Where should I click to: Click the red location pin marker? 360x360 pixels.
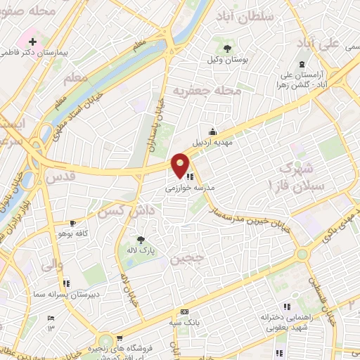pyautogui.click(x=181, y=165)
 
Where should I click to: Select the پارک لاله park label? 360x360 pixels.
pyautogui.click(x=141, y=250)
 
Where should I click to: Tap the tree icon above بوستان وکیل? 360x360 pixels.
pyautogui.click(x=226, y=49)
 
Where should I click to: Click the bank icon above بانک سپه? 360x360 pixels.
pyautogui.click(x=184, y=311)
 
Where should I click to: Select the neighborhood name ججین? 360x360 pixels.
pyautogui.click(x=186, y=258)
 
